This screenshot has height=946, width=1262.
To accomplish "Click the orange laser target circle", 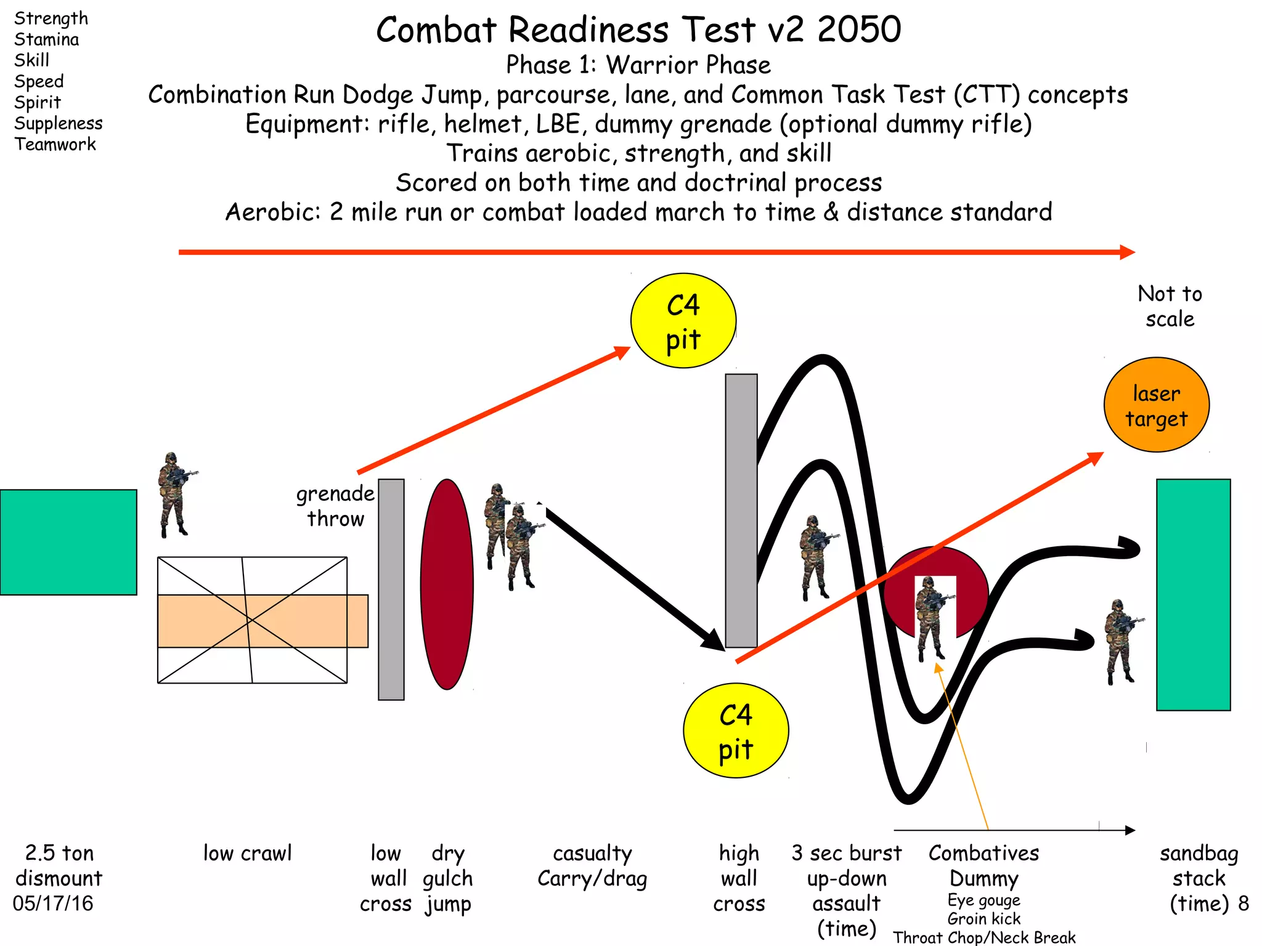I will coord(1156,405).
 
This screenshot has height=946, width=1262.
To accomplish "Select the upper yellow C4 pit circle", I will coord(683,321).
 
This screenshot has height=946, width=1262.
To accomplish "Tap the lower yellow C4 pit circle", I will coord(736,730).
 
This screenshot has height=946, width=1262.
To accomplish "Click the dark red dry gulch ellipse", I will coord(447,584).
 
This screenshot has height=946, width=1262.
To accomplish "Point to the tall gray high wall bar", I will coord(741,510).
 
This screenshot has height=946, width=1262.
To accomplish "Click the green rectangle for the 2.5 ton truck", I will coord(68,542).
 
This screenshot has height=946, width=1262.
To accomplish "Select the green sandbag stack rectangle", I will coord(1193,594).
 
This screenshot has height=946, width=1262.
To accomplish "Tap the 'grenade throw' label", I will coord(335,506).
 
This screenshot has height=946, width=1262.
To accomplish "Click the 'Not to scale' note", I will coord(1170,306).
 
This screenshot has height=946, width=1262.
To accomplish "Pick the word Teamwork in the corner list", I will coord(55,144).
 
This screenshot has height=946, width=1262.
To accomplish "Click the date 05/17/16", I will coord(53,904).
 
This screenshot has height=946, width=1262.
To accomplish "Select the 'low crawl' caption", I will coord(248,853).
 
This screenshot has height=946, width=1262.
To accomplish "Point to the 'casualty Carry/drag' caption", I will coord(592,866).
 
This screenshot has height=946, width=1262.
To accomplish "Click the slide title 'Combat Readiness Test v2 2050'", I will coord(638,30).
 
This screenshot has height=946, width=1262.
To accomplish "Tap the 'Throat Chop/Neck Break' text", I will coord(984,937).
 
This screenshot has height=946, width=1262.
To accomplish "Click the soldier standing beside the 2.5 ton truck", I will coord(174,495).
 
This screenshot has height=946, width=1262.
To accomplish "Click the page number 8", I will coord(1244,904).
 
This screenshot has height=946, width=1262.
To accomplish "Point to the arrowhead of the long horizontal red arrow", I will coord(1128,252).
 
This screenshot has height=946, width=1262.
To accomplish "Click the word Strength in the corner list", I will coord(51,18).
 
